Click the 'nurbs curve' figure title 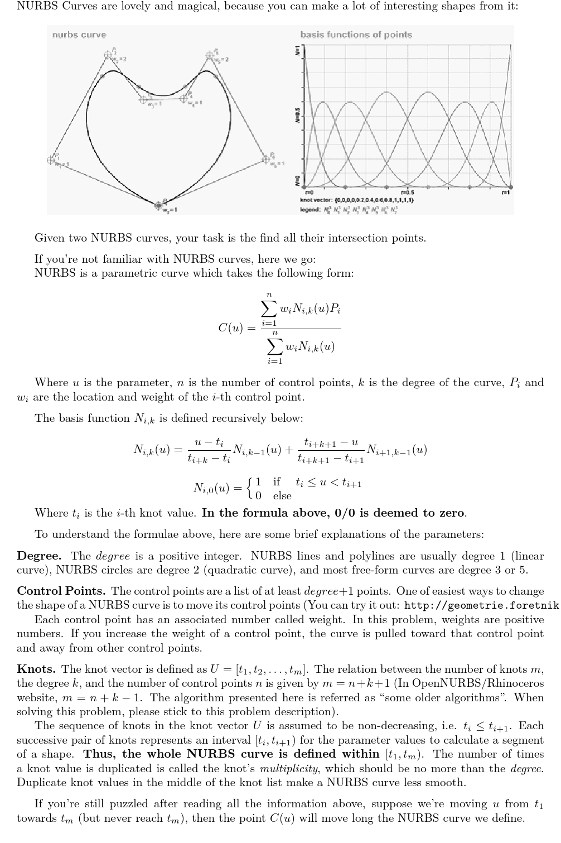coord(79,35)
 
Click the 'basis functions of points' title coord(356,35)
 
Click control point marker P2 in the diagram coord(108,55)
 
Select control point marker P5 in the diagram coord(209,55)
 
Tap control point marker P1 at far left coord(52,160)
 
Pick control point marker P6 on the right coord(267,160)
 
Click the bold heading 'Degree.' coord(39,556)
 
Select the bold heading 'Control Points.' coord(62,591)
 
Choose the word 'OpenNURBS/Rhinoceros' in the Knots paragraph coord(480,683)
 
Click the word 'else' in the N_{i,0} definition coord(282,496)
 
